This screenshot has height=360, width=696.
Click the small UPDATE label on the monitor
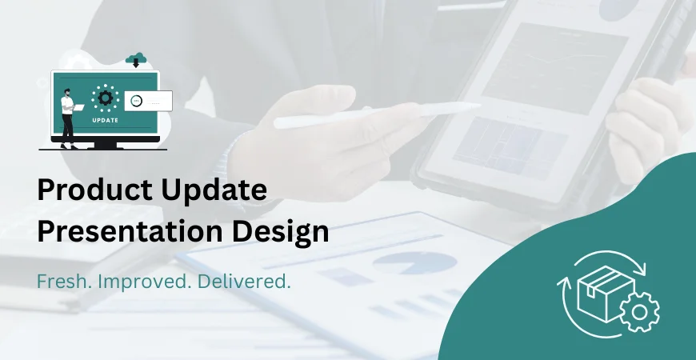click(105, 120)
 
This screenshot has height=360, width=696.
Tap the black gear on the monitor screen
click(105, 98)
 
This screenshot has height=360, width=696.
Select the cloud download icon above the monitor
click(135, 58)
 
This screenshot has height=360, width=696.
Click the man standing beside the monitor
click(69, 116)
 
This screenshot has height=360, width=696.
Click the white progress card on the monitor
click(149, 101)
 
